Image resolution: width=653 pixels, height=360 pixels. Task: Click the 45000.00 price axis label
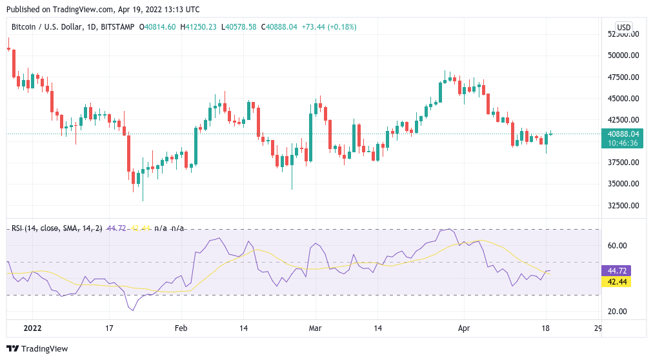pyautogui.click(x=623, y=98)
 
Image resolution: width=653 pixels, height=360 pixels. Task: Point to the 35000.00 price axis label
pyautogui.click(x=623, y=184)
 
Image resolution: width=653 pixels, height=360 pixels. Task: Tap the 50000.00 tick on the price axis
pyautogui.click(x=623, y=55)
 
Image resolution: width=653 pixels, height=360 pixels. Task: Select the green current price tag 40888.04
pyautogui.click(x=623, y=134)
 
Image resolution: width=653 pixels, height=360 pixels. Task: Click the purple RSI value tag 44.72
pyautogui.click(x=616, y=271)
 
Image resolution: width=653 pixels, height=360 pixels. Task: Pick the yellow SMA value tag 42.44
pyautogui.click(x=616, y=282)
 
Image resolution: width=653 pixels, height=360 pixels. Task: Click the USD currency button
pyautogui.click(x=624, y=27)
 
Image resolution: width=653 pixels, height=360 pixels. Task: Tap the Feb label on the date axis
pyautogui.click(x=181, y=328)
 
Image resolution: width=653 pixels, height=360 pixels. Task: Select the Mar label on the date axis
pyautogui.click(x=314, y=328)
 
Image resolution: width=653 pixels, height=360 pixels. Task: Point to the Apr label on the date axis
pyautogui.click(x=463, y=328)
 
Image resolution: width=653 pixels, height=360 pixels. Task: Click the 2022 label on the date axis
pyautogui.click(x=32, y=328)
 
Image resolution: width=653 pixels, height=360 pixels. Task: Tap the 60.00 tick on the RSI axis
pyautogui.click(x=618, y=245)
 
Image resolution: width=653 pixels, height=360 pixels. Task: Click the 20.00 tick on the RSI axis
pyautogui.click(x=618, y=312)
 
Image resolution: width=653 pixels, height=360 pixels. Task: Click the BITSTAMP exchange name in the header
pyautogui.click(x=119, y=27)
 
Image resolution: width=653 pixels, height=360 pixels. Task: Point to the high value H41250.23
pyautogui.click(x=199, y=27)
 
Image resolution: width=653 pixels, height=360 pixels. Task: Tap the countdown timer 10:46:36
pyautogui.click(x=623, y=143)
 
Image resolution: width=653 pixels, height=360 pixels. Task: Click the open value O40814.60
pyautogui.click(x=157, y=27)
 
